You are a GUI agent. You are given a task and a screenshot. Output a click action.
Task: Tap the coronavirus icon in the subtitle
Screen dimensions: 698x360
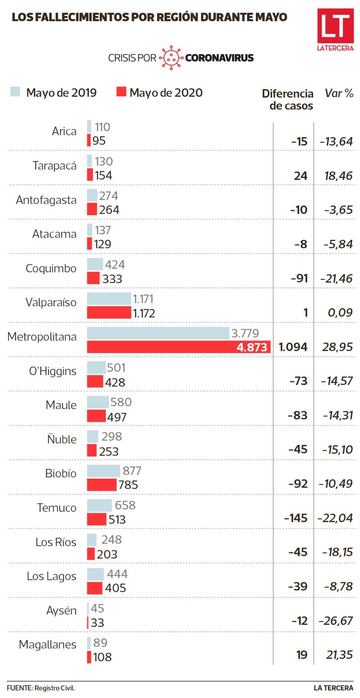171,58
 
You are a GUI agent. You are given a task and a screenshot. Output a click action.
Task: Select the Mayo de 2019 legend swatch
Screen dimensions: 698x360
15,92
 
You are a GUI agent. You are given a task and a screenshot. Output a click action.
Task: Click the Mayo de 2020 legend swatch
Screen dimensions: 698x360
121,92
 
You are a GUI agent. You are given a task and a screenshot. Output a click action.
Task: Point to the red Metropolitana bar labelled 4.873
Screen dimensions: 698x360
178,347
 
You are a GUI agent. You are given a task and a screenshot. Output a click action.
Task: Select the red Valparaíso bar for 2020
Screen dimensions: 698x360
108,313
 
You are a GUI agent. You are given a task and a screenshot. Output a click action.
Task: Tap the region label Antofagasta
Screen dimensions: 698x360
46,200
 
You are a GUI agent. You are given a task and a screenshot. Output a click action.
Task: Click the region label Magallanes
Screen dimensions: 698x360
48,644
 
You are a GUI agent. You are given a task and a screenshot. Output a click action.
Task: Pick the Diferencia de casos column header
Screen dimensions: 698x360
288,99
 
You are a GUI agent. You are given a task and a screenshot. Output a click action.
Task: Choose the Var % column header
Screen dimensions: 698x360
339,93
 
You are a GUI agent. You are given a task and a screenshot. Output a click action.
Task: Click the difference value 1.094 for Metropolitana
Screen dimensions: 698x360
293,347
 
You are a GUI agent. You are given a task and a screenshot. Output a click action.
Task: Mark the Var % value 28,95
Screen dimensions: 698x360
337,347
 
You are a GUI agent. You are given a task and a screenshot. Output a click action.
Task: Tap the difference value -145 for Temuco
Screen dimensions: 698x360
296,518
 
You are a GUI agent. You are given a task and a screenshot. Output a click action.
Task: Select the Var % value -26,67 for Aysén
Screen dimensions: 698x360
335,621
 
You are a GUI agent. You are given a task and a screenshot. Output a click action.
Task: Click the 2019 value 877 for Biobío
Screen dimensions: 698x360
131,471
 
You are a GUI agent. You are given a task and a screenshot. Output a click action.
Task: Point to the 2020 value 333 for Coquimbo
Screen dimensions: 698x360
112,279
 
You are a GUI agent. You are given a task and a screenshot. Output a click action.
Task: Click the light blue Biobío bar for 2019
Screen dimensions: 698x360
103,471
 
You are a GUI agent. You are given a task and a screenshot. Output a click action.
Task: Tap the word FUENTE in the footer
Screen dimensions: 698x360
19,688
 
